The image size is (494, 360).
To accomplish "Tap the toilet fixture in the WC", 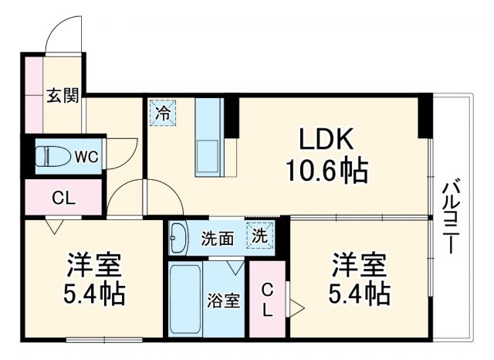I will click(x=52, y=157).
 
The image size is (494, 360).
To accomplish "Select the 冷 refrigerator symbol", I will click(x=163, y=114).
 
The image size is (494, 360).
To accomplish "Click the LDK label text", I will click(x=327, y=139).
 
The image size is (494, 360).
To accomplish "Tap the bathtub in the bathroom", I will click(x=184, y=299).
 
